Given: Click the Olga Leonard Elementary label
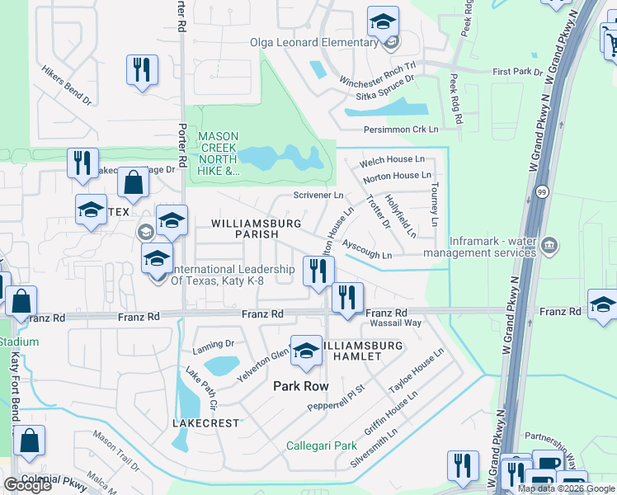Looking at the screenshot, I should click(x=314, y=43).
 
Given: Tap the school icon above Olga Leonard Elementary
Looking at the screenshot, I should click(x=383, y=21).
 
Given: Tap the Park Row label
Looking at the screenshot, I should click(x=301, y=386).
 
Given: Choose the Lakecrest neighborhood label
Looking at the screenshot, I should click(x=205, y=423).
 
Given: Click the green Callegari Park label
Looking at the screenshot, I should click(x=321, y=445).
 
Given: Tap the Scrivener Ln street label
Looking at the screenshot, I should click(x=318, y=196).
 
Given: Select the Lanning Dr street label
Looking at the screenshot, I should click(x=214, y=343).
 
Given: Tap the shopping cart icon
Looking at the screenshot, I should click(x=609, y=39).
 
